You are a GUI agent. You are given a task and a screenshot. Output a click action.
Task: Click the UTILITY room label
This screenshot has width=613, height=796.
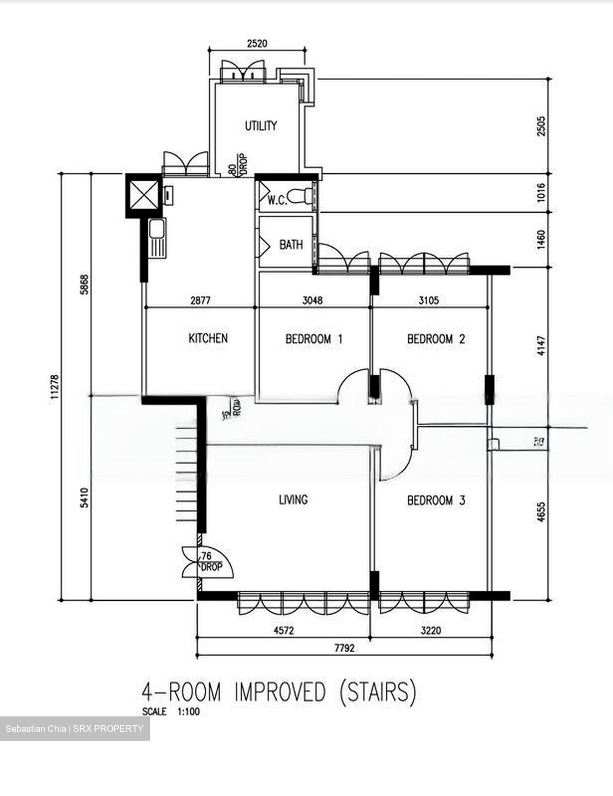pos(261,126)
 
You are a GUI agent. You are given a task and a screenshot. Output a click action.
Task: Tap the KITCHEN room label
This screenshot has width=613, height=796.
pos(208,338)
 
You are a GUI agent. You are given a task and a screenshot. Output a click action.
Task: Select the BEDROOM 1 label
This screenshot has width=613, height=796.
pos(314,339)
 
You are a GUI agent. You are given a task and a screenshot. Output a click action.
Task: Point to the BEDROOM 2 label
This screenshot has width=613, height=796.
pos(436,339)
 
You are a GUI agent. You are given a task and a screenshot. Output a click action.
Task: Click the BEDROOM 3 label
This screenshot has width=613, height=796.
pos(436,500)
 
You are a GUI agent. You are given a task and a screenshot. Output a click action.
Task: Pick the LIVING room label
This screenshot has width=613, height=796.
pos(293,500)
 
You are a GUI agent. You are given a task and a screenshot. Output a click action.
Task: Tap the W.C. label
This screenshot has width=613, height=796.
pos(277,201)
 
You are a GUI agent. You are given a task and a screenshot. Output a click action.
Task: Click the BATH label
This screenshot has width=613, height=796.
pos(290,244)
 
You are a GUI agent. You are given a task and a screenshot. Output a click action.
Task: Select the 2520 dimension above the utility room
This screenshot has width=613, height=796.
pos(257,44)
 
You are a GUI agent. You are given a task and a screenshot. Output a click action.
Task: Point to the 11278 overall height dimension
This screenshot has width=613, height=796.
pos(54,386)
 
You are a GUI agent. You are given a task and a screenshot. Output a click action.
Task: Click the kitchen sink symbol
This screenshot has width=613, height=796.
pos(157,238)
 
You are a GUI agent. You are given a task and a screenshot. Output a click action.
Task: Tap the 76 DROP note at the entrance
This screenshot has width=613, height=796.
pos(210,562)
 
